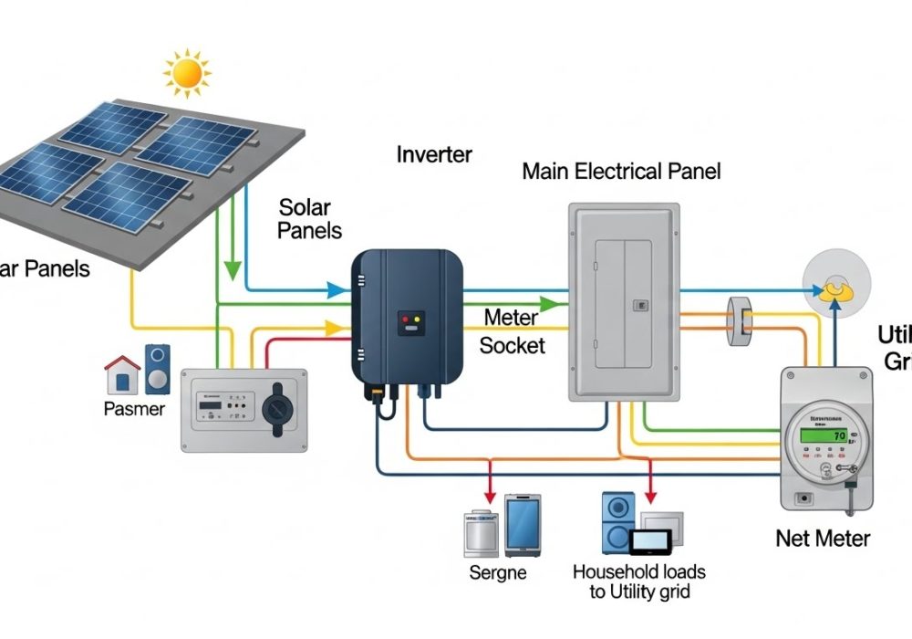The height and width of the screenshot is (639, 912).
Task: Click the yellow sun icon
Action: (x=187, y=74)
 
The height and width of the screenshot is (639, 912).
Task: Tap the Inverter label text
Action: (x=434, y=154)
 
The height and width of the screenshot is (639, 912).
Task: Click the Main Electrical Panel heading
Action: (x=621, y=171)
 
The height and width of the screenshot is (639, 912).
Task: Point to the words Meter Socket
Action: (x=513, y=331)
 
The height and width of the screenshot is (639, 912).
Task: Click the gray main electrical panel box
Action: (x=624, y=301)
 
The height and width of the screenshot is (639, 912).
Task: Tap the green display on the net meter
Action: (x=820, y=436)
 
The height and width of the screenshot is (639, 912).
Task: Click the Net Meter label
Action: (x=823, y=539)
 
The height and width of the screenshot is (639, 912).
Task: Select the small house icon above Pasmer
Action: (x=122, y=375)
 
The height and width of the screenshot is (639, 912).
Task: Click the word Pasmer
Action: (x=134, y=409)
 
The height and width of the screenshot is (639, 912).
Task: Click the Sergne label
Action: (x=497, y=573)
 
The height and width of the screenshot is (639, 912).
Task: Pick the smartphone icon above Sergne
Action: (x=523, y=525)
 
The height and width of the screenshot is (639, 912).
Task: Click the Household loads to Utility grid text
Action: (x=638, y=582)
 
